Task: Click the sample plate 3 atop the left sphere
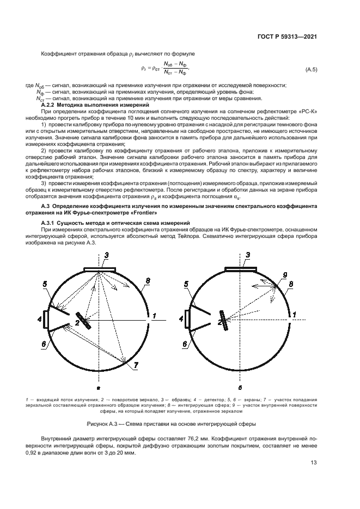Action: [100, 269]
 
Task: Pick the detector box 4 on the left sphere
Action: [45, 318]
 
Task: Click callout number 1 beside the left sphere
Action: [155, 316]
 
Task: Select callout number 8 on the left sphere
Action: [147, 281]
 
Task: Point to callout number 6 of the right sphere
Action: [185, 344]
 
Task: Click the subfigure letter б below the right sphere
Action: [240, 388]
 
